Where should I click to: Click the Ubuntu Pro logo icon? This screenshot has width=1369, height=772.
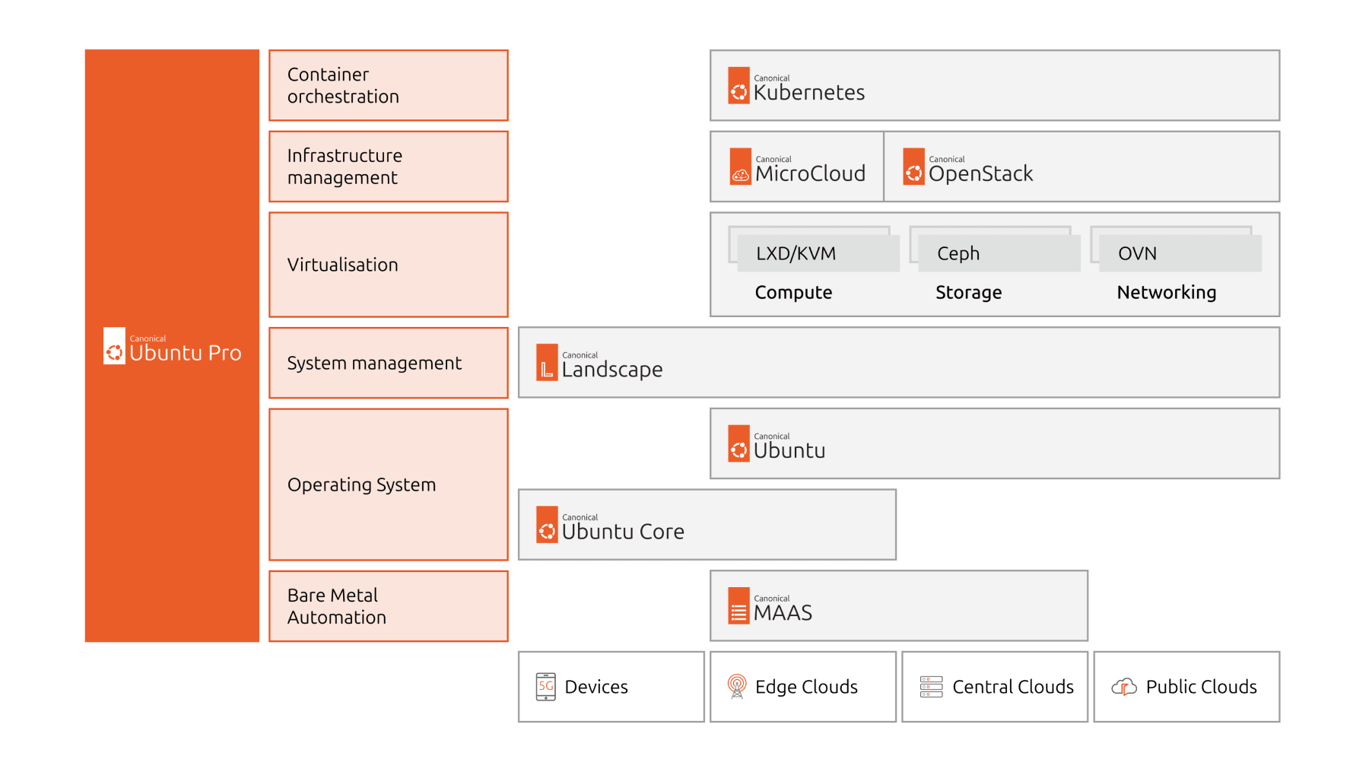pyautogui.click(x=114, y=347)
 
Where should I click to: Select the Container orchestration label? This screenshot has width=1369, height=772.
pyautogui.click(x=343, y=85)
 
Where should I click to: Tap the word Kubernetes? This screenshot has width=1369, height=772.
pyautogui.click(x=808, y=93)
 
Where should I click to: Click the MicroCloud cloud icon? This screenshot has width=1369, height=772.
pyautogui.click(x=740, y=167)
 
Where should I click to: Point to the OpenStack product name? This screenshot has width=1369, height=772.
pyautogui.click(x=980, y=174)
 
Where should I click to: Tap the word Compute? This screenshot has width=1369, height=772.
pyautogui.click(x=793, y=292)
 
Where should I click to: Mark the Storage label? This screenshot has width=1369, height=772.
pyautogui.click(x=968, y=292)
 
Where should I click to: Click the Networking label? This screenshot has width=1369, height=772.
pyautogui.click(x=1166, y=292)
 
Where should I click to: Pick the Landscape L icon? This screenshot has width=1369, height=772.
pyautogui.click(x=547, y=363)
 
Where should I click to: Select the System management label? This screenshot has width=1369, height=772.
pyautogui.click(x=374, y=363)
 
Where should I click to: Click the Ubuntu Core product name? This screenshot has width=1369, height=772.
pyautogui.click(x=622, y=532)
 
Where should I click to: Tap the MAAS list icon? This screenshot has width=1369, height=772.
pyautogui.click(x=738, y=606)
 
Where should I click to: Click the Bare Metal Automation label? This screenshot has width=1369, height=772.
pyautogui.click(x=336, y=606)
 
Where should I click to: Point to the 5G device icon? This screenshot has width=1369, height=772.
pyautogui.click(x=545, y=687)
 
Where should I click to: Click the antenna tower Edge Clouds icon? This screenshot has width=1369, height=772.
pyautogui.click(x=736, y=686)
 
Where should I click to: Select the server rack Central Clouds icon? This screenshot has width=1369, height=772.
pyautogui.click(x=930, y=687)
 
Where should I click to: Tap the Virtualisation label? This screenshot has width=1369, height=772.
pyautogui.click(x=342, y=265)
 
